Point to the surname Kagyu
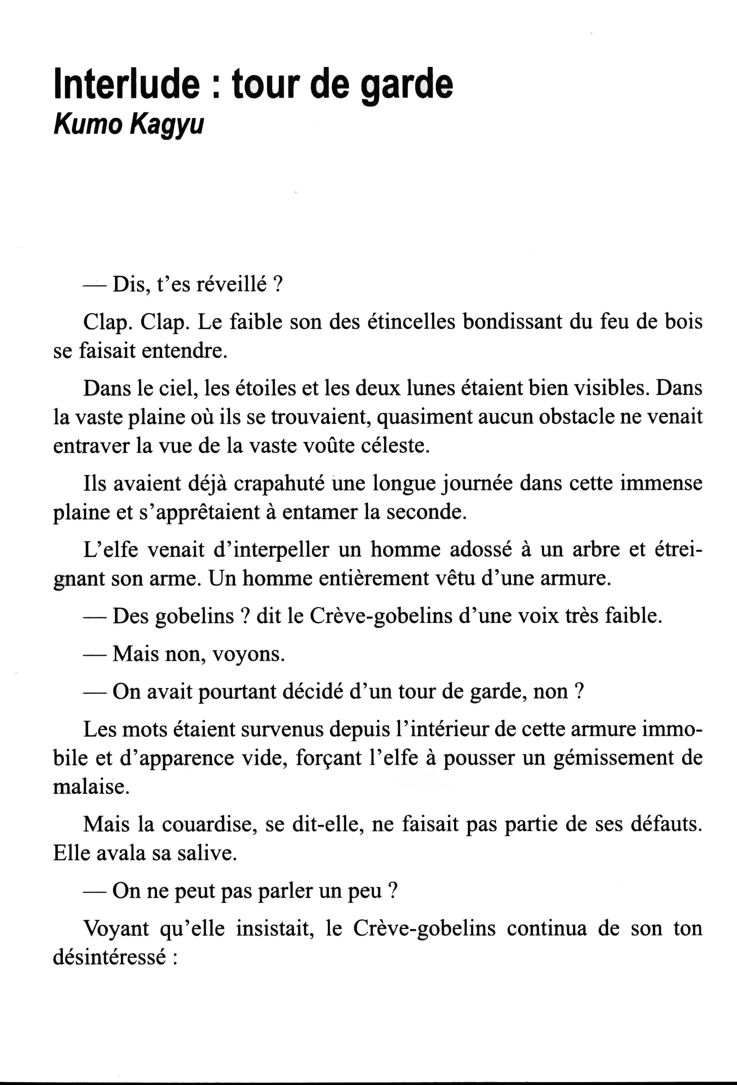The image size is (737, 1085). tap(167, 125)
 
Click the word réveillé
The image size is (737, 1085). tap(231, 284)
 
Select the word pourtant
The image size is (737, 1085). tap(238, 692)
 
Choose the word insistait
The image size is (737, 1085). tap(274, 928)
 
